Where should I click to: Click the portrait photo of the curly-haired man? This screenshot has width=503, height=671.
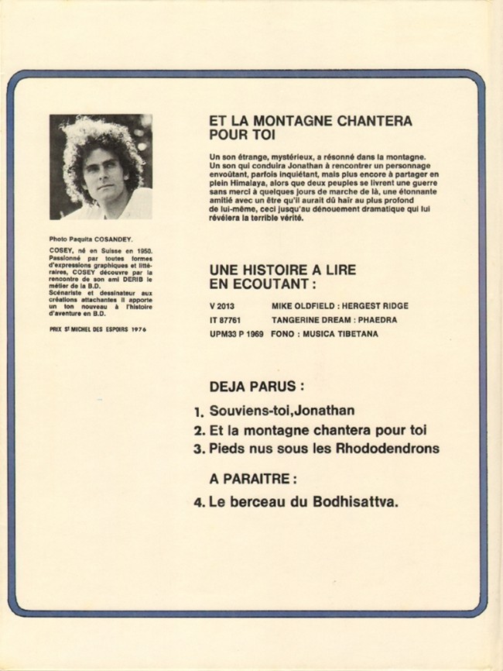click(x=101, y=167)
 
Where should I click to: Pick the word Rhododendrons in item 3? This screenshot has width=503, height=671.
click(x=395, y=448)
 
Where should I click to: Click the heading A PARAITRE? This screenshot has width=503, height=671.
click(x=251, y=478)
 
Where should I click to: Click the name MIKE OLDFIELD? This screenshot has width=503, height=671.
click(x=299, y=306)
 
